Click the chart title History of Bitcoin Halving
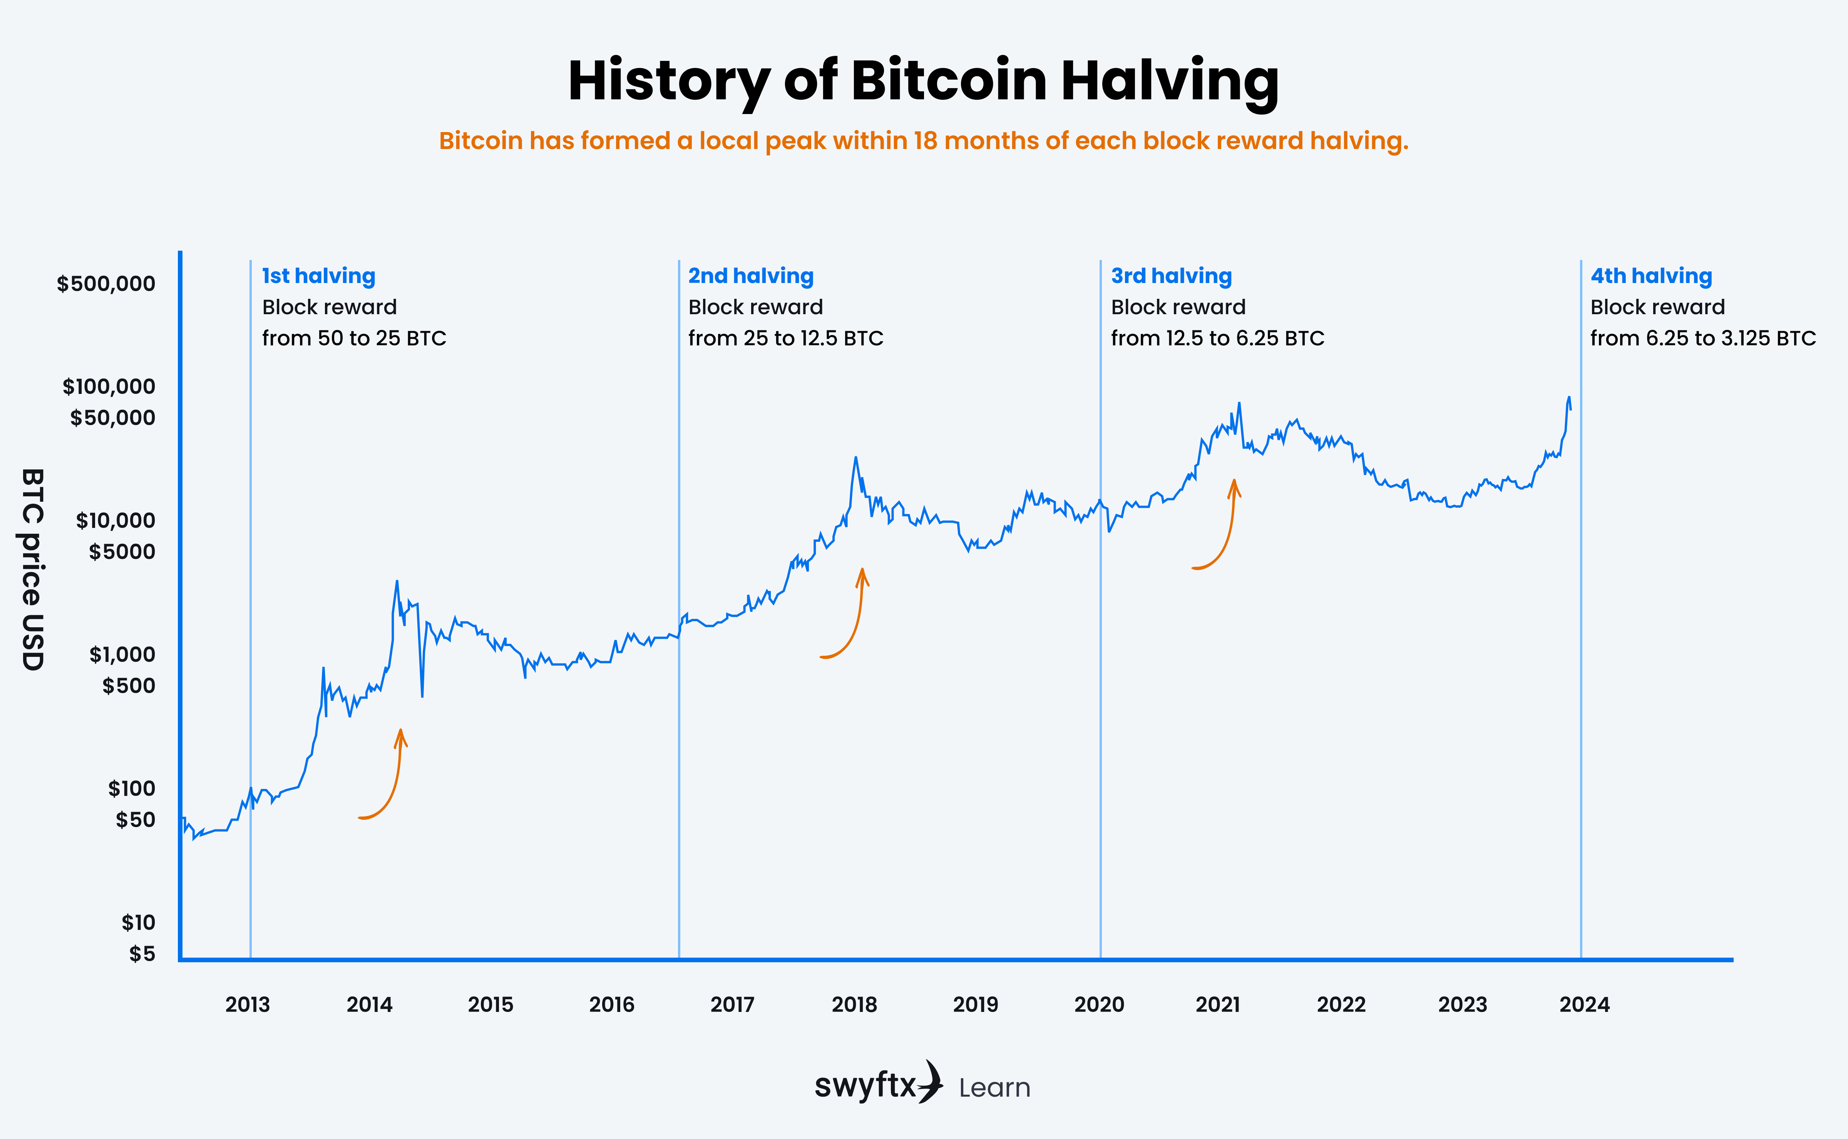click(x=923, y=80)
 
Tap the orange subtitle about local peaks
click(x=923, y=141)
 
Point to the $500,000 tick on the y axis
click(x=106, y=284)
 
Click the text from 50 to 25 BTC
click(x=354, y=338)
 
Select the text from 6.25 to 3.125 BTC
click(x=1702, y=338)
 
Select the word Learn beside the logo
click(x=994, y=1088)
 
